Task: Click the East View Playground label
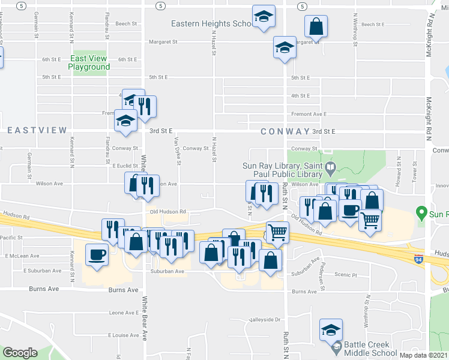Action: click(89, 62)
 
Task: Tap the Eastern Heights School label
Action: click(210, 24)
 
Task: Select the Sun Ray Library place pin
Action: click(330, 167)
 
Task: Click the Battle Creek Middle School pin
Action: click(337, 346)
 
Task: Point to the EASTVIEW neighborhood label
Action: click(37, 130)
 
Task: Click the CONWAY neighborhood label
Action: click(285, 131)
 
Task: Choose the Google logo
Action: click(20, 352)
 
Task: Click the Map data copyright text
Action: click(423, 355)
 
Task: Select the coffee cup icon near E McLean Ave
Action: click(97, 255)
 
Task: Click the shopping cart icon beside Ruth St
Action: click(277, 232)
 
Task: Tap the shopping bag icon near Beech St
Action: click(316, 26)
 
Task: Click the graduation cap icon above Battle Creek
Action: click(330, 329)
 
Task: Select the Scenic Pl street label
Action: click(346, 275)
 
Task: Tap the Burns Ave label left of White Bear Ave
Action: click(44, 289)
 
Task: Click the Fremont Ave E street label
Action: click(309, 113)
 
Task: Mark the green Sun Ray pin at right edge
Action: click(424, 213)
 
